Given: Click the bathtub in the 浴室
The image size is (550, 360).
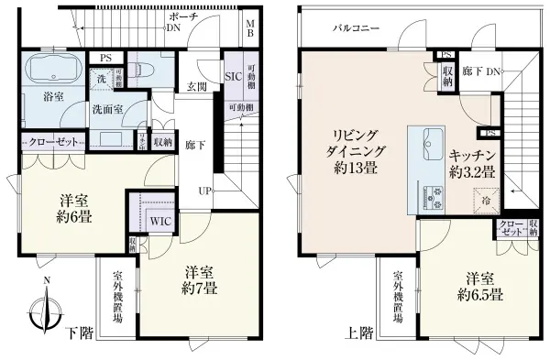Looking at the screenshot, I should click(x=49, y=70).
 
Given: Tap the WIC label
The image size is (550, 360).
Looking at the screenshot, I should click(x=158, y=219).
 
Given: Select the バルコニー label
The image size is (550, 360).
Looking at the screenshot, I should click(x=356, y=28).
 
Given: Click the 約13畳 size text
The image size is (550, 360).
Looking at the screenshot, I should click(x=351, y=169).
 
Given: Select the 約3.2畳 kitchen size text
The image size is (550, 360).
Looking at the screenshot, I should click(x=473, y=171).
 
